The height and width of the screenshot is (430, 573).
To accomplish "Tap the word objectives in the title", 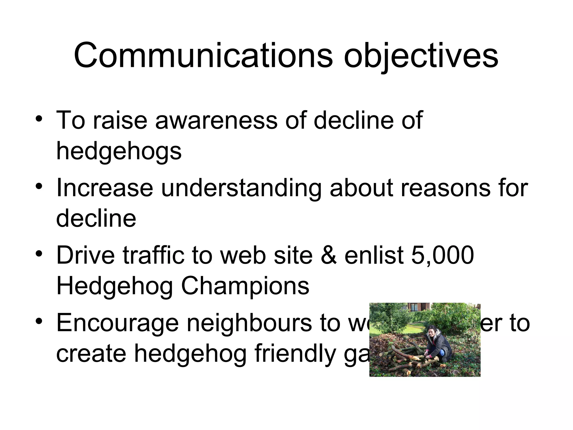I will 421,56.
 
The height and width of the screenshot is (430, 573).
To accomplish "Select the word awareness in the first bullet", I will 216,120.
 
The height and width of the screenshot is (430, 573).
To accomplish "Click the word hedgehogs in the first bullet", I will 119,151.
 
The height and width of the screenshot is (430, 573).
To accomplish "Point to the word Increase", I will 105,188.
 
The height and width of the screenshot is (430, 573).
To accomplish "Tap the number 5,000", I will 442,255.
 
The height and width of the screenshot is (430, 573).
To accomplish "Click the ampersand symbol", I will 328,255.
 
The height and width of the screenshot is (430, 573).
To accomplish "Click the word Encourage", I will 118,323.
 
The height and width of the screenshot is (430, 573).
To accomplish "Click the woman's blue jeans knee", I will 442,352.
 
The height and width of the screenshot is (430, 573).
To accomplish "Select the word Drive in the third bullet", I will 86,255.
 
